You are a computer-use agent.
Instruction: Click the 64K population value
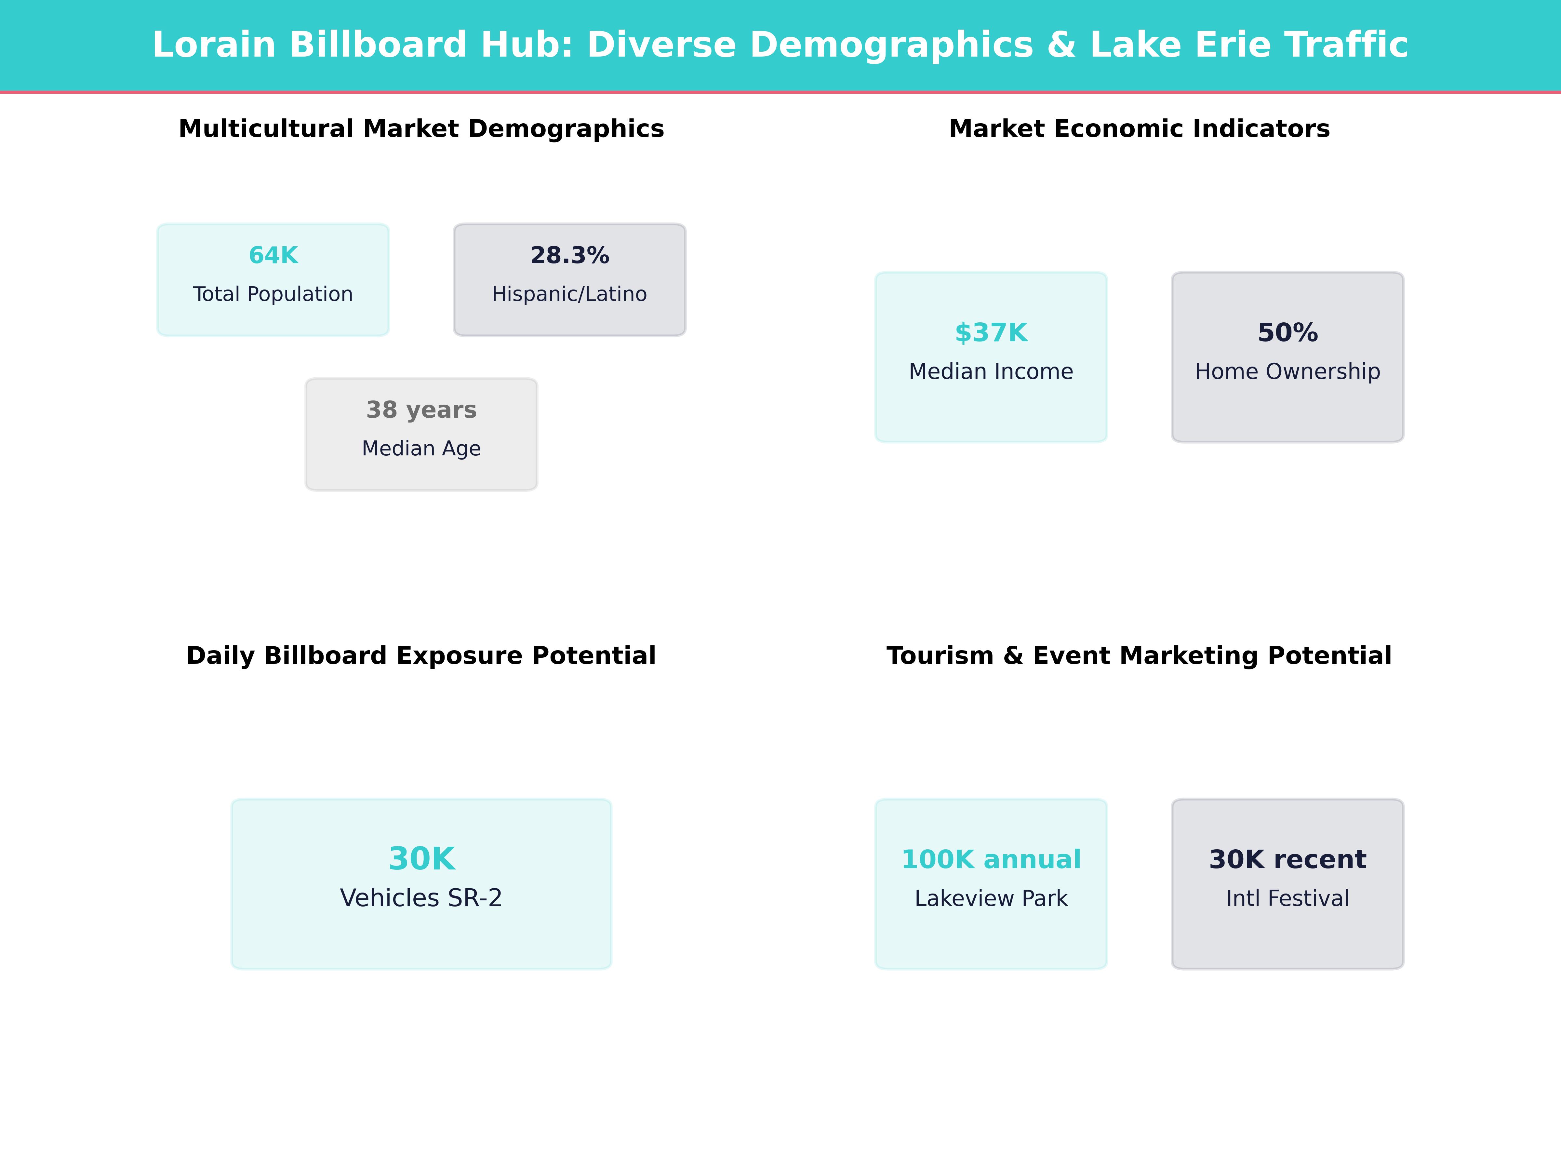click(x=273, y=256)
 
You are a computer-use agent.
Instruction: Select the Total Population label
click(x=273, y=294)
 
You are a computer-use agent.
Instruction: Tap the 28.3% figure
click(x=569, y=256)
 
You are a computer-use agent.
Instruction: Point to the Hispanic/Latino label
click(x=569, y=294)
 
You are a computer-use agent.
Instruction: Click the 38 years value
click(x=421, y=410)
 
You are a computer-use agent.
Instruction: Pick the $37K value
click(x=991, y=332)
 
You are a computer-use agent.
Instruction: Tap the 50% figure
click(x=1287, y=332)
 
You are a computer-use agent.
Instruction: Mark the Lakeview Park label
click(x=991, y=898)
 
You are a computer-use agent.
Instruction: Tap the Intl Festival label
click(x=1287, y=898)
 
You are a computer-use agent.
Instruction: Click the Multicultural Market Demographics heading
click(x=421, y=129)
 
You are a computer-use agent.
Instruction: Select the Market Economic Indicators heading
click(x=1139, y=129)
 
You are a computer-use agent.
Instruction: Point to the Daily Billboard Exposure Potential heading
click(x=421, y=656)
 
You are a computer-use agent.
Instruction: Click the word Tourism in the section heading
click(x=940, y=656)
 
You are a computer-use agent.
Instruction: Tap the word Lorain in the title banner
click(x=213, y=45)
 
